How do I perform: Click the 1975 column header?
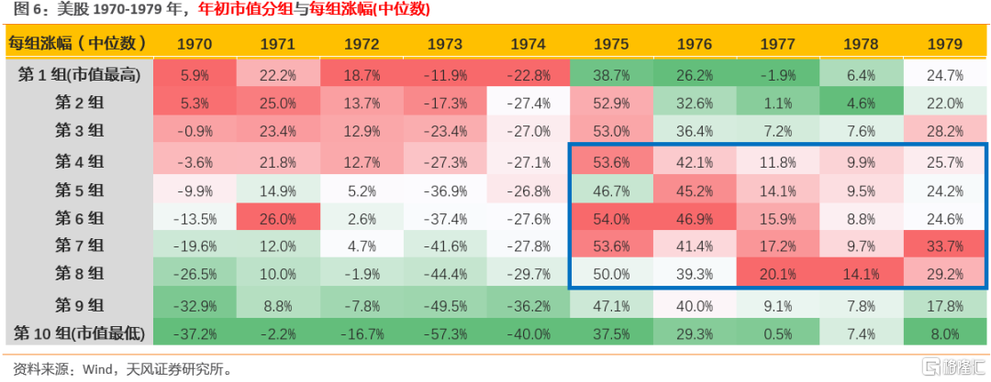click(612, 43)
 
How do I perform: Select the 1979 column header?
click(945, 43)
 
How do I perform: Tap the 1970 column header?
click(195, 43)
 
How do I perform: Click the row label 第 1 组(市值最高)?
click(79, 75)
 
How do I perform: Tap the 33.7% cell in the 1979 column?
click(945, 246)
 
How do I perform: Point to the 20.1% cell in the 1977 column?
click(779, 274)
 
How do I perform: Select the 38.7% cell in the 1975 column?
click(612, 75)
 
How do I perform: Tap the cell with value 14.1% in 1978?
click(863, 274)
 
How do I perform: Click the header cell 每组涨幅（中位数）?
click(77, 43)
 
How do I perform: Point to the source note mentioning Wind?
click(118, 369)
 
